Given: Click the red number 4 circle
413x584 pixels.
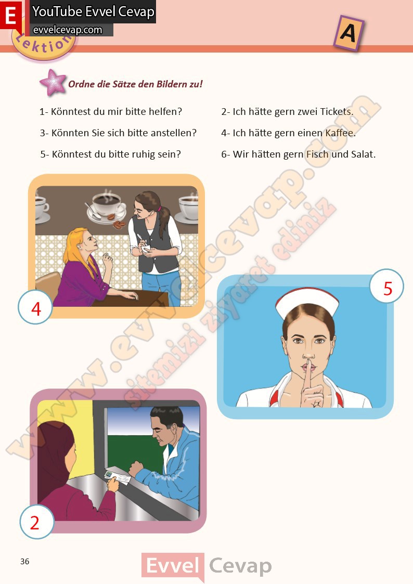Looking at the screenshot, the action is coord(35,307).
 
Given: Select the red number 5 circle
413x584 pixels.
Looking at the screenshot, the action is coord(386,286).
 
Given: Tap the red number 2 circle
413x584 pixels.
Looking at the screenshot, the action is coord(36,522).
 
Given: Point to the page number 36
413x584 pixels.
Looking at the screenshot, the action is coord(24,561).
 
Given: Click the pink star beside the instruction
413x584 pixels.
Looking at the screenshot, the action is coord(53,82).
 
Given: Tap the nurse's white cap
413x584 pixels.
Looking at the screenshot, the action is coord(307,300).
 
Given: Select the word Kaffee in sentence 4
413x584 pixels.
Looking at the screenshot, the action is coord(340,133).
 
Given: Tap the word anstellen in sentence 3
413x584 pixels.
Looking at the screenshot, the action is coord(172,133).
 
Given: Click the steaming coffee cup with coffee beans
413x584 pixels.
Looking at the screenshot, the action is coord(107,208).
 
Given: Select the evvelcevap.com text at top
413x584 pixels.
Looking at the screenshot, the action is coord(68,30).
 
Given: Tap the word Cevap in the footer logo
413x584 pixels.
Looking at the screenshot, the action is coord(240,566).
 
